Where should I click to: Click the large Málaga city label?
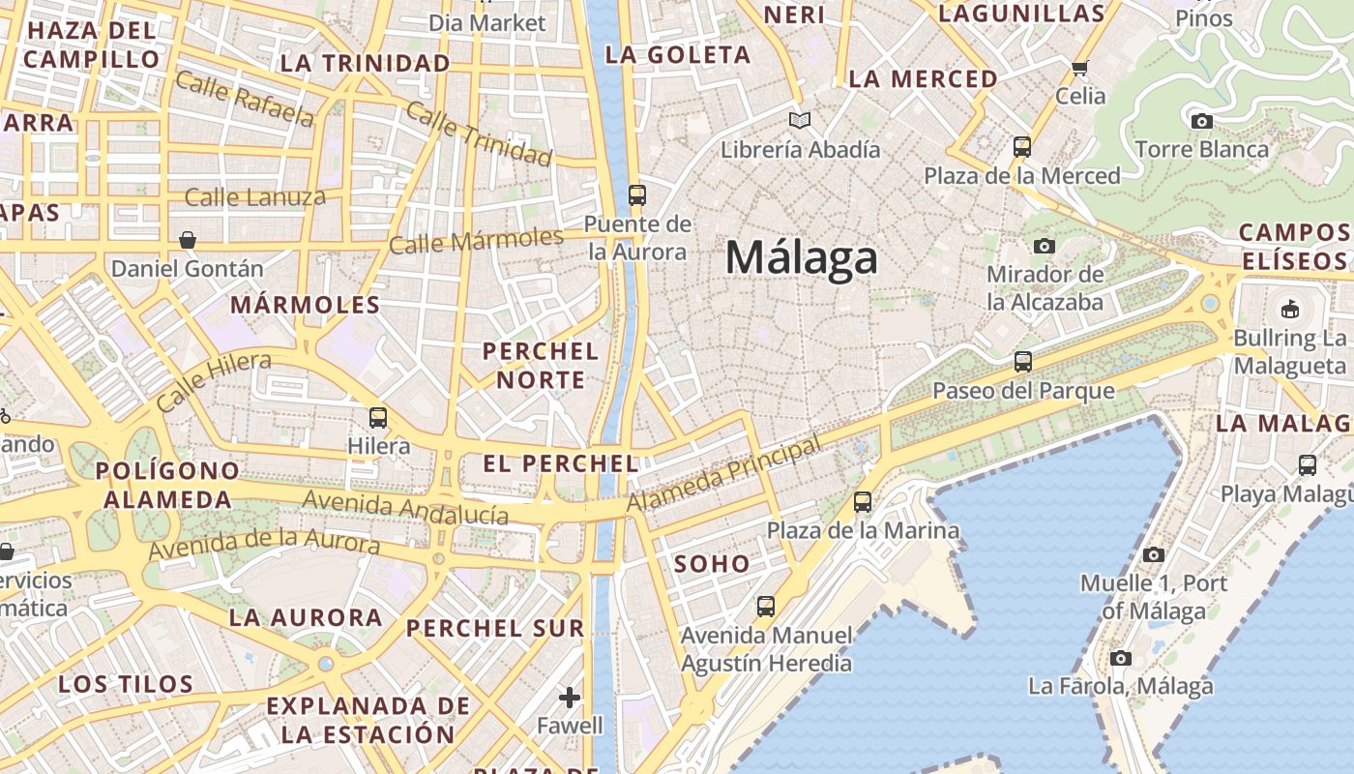802,257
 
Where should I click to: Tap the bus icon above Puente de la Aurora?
636,194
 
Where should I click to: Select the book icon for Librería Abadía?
799,120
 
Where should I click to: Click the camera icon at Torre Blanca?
1201,121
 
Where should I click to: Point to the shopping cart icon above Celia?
1079,68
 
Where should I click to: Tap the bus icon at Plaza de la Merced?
1021,147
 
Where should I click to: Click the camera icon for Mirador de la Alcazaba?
1044,246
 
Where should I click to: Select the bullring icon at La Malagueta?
1289,310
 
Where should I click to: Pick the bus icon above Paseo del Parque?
1022,362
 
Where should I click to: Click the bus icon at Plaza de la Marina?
862,502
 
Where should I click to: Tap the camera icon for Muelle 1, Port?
1153,554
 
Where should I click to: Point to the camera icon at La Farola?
1120,658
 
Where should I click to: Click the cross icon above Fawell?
570,697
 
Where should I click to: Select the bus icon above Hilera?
378,418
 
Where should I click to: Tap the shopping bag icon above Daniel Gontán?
188,239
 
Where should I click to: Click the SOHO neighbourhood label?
712,563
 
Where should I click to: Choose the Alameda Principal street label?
723,475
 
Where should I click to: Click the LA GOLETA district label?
677,55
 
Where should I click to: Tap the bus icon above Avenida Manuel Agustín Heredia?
765,607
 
